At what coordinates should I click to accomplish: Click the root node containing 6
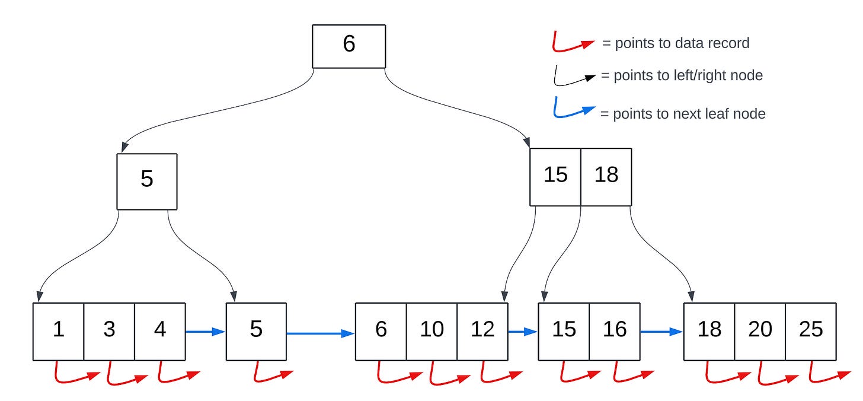[349, 45]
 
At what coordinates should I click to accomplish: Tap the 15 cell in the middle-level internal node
[555, 176]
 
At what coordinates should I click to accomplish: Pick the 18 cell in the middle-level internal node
[606, 176]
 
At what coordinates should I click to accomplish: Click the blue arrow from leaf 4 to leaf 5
[205, 332]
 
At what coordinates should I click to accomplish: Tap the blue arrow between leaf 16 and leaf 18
[661, 332]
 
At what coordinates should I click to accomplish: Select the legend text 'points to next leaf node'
[682, 114]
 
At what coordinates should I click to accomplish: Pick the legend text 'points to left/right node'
[682, 76]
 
